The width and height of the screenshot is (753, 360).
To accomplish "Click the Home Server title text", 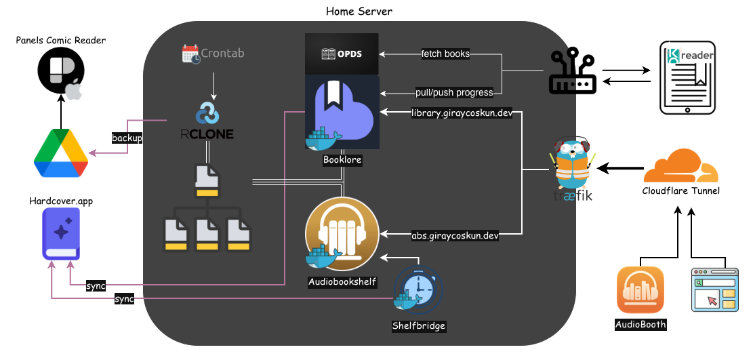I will click(x=359, y=11).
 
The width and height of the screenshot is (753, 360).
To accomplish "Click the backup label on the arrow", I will click(x=127, y=138).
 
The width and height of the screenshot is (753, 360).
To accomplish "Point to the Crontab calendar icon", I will click(x=192, y=54).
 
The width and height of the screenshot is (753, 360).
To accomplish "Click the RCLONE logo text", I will click(x=207, y=134).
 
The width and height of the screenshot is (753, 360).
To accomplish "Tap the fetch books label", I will click(x=445, y=54).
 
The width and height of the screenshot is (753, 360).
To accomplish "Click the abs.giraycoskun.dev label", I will click(x=455, y=236).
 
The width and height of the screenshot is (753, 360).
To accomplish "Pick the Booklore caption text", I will click(x=342, y=161).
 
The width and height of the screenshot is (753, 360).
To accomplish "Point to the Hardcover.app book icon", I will click(x=61, y=234).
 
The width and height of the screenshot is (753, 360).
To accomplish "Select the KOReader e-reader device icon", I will click(x=687, y=76).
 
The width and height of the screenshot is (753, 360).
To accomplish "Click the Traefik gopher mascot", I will click(x=573, y=167).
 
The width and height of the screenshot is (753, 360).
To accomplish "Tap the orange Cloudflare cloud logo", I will click(x=680, y=167).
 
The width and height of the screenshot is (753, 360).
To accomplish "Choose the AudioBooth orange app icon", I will click(x=640, y=291).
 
